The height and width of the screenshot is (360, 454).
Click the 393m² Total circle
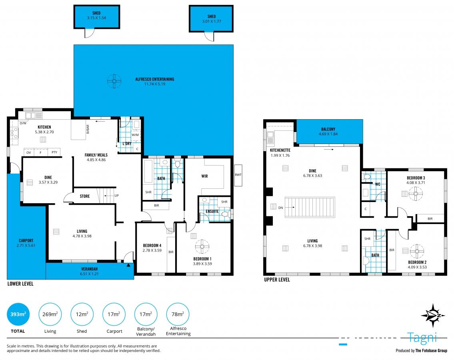[18, 314]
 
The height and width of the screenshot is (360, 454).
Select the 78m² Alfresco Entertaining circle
[178, 314]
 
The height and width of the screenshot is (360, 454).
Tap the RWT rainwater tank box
[238, 175]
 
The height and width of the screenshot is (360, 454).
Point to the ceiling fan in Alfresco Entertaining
[114, 81]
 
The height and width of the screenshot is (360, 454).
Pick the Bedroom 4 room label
[152, 246]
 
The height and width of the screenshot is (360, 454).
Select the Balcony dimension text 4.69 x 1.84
[328, 134]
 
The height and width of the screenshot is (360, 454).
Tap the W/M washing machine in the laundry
[135, 134]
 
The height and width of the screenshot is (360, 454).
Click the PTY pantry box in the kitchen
[54, 152]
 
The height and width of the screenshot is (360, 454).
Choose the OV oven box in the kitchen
[28, 152]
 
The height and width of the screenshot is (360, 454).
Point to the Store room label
[84, 196]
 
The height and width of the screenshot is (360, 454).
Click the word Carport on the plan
[26, 241]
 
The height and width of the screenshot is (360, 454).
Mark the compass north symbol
[432, 316]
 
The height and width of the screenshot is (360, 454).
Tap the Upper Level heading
[277, 280]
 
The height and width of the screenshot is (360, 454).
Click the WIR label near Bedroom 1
[204, 176]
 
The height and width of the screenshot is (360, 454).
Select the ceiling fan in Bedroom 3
[416, 194]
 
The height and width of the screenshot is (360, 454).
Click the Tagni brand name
[422, 338]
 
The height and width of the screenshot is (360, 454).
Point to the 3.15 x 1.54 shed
[96, 16]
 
